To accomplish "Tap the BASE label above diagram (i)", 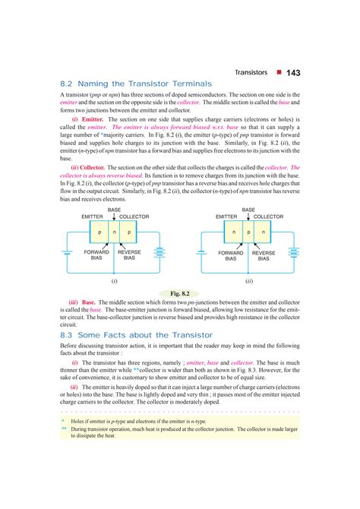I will (x=114, y=209).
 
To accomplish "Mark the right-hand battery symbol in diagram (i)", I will (x=160, y=254).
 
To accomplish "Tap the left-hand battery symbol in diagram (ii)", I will (x=201, y=254).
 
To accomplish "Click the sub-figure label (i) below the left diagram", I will (x=114, y=280).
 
